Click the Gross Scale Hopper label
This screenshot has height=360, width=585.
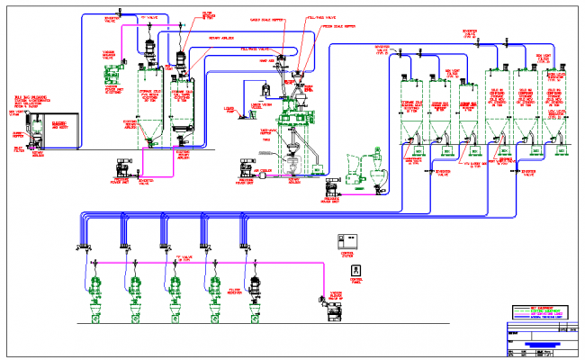[259, 19]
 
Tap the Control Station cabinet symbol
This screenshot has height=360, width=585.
[346, 241]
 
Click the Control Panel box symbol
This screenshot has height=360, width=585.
[356, 271]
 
